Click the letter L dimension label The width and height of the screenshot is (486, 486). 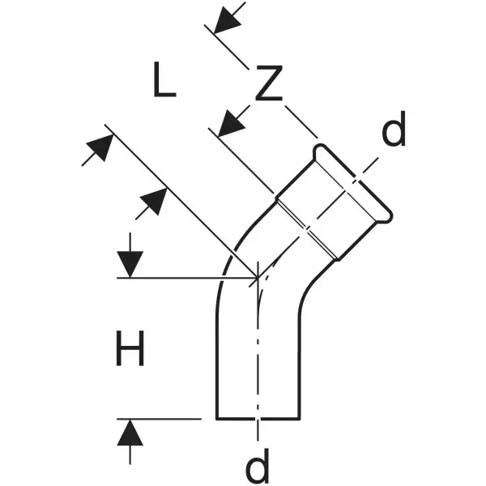tap(164, 79)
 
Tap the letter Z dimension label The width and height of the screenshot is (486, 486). tap(269, 83)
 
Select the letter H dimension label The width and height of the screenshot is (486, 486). tap(130, 348)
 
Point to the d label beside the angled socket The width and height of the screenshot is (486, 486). tap(394, 129)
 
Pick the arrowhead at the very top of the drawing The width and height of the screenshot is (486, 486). tap(227, 20)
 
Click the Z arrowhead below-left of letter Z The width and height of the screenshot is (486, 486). tap(232, 123)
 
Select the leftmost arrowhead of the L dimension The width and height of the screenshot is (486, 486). tap(100, 148)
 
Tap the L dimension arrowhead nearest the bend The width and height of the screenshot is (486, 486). tap(153, 202)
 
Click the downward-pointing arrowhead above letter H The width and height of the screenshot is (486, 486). tap(130, 264)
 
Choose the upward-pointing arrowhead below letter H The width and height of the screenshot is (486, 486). tap(130, 433)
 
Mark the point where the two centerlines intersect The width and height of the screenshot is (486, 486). tap(258, 277)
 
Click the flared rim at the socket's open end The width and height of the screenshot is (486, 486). tap(352, 183)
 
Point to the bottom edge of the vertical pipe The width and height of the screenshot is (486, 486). tap(258, 419)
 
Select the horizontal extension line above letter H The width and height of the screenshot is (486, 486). tap(187, 278)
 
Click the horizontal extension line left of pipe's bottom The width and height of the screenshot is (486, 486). tap(159, 419)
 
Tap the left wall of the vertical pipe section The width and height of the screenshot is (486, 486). tap(217, 366)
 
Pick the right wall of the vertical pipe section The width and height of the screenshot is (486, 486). tap(300, 366)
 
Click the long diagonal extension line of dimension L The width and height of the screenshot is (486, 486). tap(181, 201)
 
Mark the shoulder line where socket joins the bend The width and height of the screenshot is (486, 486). tap(307, 228)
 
